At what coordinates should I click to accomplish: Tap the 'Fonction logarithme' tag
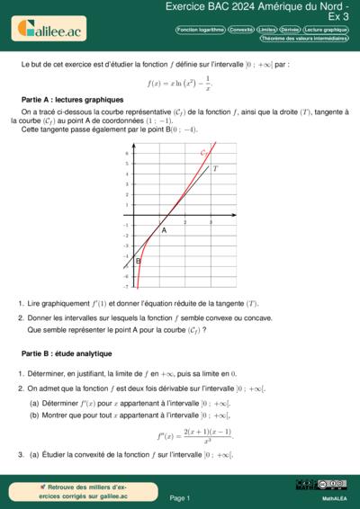point(201,30)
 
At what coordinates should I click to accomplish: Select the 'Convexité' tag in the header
point(241,30)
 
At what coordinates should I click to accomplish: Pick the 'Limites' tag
point(266,30)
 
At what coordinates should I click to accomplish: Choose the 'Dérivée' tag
point(290,30)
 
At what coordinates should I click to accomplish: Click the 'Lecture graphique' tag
point(326,30)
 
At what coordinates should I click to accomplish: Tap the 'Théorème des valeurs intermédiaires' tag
point(304,39)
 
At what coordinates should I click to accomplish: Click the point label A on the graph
point(164,230)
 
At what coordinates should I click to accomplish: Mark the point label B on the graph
point(138,261)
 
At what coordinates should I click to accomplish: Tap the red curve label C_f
point(205,154)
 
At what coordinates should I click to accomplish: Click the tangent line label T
point(215,168)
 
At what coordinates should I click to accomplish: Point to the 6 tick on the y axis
point(127,153)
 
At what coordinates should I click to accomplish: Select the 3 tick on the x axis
point(210,222)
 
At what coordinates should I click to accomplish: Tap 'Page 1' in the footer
point(179,497)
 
